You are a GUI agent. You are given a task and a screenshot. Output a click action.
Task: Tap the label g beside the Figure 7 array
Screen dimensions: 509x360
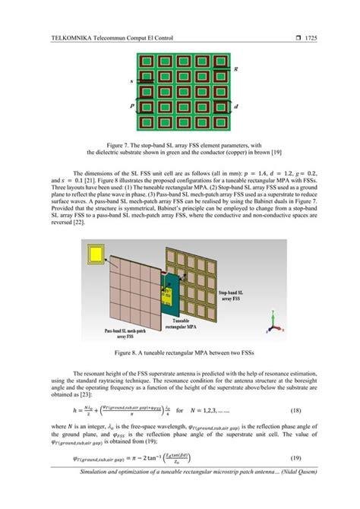[x=236, y=69]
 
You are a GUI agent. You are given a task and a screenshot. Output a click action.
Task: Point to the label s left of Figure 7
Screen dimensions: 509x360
[x=132, y=81]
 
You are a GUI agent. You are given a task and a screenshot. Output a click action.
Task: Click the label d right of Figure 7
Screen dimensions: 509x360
[x=236, y=107]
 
